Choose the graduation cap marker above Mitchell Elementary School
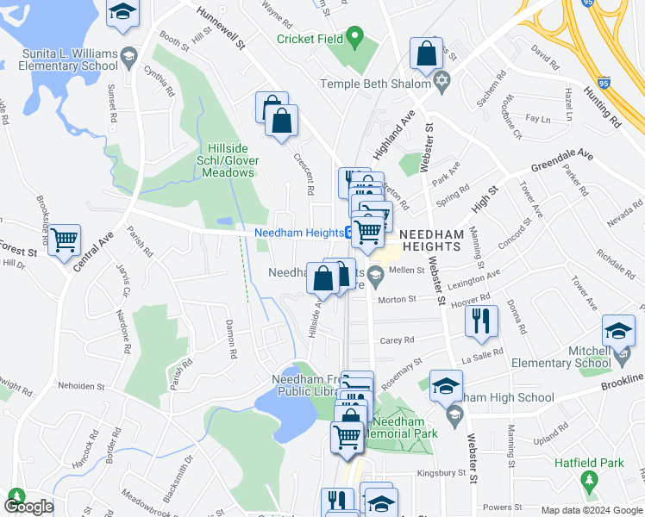[x=618, y=332]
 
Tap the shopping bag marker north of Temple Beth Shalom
[x=427, y=54]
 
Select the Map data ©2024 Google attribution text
[x=592, y=510]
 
